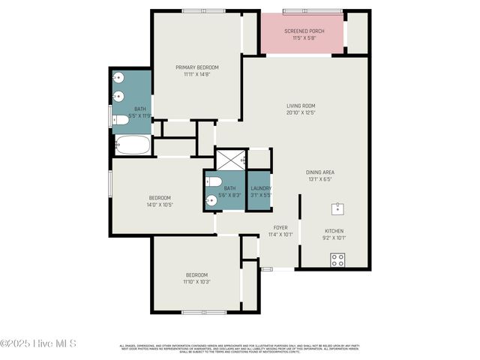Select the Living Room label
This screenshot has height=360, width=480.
[x=300, y=106]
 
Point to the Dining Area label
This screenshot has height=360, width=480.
[x=321, y=172]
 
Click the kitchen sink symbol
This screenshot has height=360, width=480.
[x=338, y=207]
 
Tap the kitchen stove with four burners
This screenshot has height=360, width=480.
[x=338, y=259]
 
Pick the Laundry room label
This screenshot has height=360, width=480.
[x=261, y=188]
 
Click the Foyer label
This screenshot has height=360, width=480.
[x=280, y=227]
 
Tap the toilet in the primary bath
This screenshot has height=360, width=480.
[x=121, y=119]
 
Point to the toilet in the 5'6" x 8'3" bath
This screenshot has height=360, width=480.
[x=212, y=182]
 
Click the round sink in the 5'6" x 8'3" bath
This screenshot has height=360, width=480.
[x=211, y=200]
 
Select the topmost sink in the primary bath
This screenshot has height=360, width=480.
[x=119, y=77]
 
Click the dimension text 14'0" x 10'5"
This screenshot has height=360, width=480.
[x=159, y=204]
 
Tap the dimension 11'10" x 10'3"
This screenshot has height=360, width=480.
[x=196, y=282]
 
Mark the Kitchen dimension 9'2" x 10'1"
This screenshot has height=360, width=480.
[x=334, y=238]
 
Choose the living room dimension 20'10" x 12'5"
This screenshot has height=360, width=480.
[x=300, y=113]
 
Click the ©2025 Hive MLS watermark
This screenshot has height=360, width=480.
[x=39, y=344]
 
